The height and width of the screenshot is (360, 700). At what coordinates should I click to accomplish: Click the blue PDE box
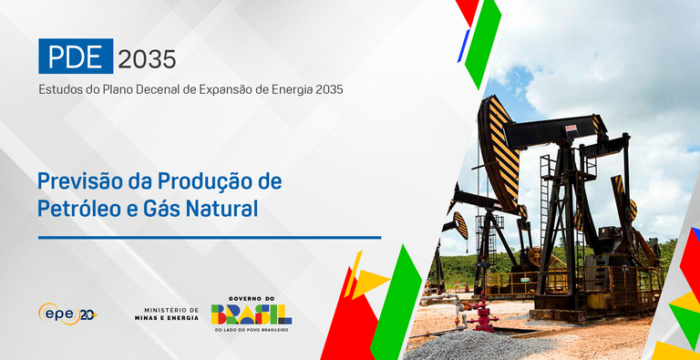click(76, 57)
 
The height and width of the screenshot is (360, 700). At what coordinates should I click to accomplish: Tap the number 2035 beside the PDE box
click(146, 58)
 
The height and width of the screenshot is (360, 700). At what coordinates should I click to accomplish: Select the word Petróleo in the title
click(77, 209)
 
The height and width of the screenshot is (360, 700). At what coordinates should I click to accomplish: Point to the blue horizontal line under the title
click(209, 237)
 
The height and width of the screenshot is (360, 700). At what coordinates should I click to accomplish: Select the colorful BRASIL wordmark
click(252, 315)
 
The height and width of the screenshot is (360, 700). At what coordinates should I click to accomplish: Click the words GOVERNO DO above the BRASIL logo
click(252, 298)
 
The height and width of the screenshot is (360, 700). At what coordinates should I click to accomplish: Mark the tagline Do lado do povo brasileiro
click(252, 330)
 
